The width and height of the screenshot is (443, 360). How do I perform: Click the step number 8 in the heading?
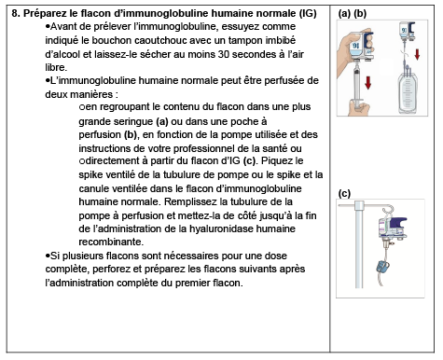15,13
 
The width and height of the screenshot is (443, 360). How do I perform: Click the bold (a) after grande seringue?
161,121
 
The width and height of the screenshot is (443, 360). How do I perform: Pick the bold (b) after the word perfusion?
131,134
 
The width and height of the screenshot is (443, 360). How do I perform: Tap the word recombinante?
111,242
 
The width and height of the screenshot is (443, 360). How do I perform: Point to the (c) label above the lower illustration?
344,193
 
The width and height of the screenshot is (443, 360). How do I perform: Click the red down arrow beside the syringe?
368,82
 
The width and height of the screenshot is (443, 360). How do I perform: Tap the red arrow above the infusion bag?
417,54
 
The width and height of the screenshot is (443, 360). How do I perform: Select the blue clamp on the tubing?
382,268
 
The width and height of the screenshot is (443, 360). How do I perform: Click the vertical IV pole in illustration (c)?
359,244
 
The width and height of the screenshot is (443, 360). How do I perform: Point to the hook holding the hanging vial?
389,210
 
